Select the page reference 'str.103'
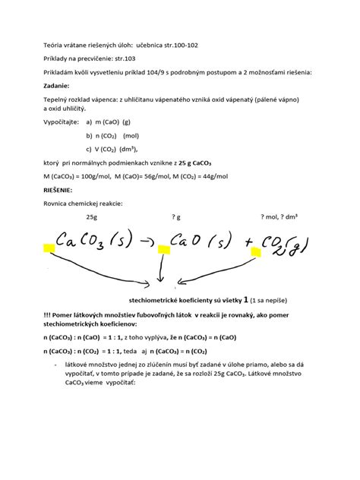(125, 59)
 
